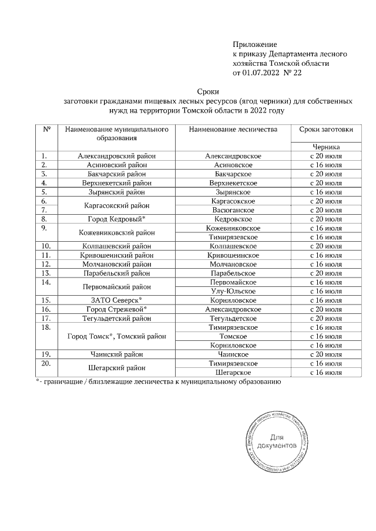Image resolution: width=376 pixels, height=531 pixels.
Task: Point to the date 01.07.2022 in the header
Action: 263,73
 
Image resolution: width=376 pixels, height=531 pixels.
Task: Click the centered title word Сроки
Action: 208,91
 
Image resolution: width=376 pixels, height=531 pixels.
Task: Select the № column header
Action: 46,128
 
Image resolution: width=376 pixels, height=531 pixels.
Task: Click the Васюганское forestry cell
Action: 233,209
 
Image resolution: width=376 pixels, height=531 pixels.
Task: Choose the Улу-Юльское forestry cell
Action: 233,291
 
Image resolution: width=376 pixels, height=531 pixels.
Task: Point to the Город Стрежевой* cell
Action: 116,309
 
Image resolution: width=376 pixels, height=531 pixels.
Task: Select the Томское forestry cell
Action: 233,336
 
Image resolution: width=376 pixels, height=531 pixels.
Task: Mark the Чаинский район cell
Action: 116,354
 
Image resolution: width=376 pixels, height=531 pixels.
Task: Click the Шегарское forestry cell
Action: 233,372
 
